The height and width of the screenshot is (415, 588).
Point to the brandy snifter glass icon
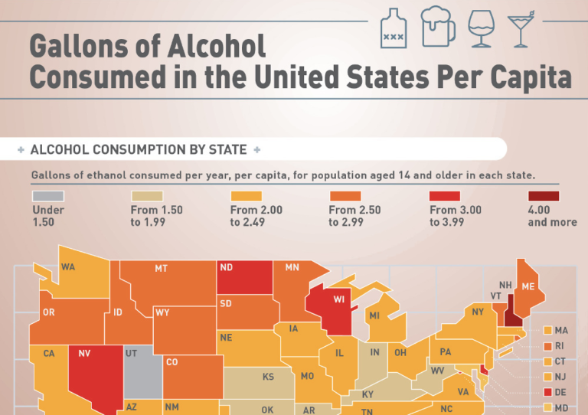coord(482,29)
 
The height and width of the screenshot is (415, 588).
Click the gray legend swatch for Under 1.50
coord(48,197)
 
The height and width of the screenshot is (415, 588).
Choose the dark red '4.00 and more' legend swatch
coord(543,197)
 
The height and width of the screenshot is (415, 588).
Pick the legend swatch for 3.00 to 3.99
coord(445,197)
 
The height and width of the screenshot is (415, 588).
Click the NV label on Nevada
coord(85,354)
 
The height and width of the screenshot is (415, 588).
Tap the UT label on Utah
coord(131,353)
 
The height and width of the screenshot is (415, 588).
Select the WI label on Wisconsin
coord(339,299)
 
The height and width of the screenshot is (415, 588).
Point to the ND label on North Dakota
coord(227,268)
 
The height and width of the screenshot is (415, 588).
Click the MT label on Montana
coord(161,269)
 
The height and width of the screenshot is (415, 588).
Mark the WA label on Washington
coord(68,267)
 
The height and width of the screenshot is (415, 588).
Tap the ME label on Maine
coord(528,286)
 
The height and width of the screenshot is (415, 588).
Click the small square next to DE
coord(547,392)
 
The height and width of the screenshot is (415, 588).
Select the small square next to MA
coord(547,331)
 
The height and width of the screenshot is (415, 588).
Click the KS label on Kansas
coord(268,377)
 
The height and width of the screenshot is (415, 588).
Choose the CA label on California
coord(49,353)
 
